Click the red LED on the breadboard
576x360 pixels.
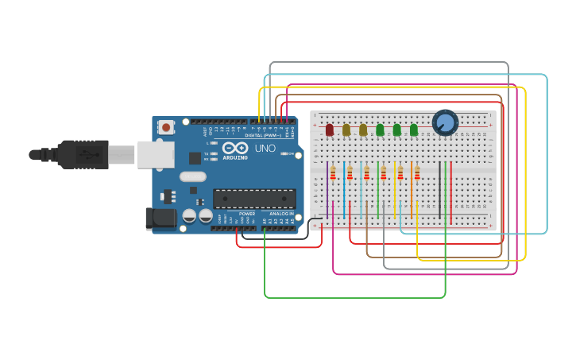(330, 130)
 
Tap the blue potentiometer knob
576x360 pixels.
(445, 122)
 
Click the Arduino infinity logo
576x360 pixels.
(234, 148)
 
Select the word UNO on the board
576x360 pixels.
(265, 148)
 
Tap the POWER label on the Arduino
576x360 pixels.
(247, 214)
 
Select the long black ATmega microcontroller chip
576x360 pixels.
(254, 198)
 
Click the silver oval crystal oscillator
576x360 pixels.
(193, 176)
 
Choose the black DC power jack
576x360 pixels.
(160, 219)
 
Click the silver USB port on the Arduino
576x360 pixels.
(155, 154)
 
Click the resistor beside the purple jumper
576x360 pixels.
(334, 173)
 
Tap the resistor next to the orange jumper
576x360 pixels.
(417, 173)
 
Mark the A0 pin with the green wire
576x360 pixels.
(265, 230)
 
